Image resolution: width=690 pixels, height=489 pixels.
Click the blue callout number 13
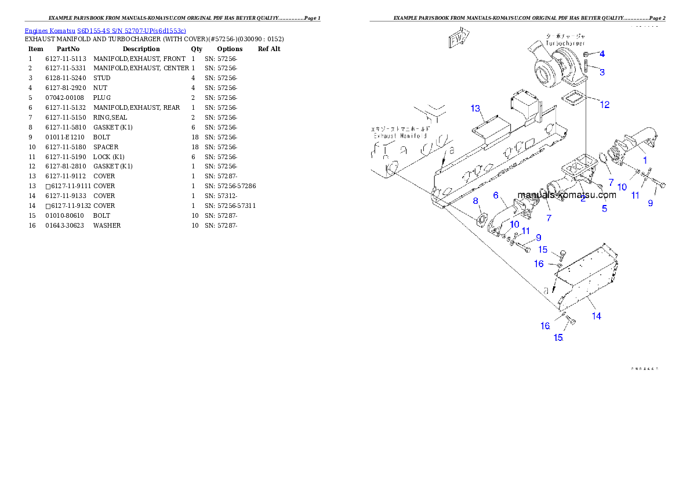coord(476,109)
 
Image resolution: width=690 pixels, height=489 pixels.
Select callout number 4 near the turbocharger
coord(602,54)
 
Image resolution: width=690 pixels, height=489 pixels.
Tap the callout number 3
coord(602,72)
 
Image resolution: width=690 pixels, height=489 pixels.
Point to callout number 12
coord(605,105)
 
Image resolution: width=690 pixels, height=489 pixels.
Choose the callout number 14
coord(597,316)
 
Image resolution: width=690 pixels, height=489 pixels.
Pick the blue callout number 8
coord(476,201)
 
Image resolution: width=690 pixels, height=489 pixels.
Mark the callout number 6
coord(496,195)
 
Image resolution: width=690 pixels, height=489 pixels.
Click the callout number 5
coord(605,208)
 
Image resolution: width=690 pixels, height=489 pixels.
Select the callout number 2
coord(583,199)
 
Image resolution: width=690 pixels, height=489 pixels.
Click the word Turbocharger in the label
coord(564,44)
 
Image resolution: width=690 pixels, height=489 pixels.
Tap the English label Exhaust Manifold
coord(400,135)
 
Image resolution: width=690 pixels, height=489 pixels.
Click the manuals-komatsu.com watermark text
coord(566,195)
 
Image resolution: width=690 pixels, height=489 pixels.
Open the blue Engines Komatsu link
coord(105,30)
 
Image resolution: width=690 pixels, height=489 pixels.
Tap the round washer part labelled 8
coord(480,221)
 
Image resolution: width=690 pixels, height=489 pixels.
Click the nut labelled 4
coord(586,54)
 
